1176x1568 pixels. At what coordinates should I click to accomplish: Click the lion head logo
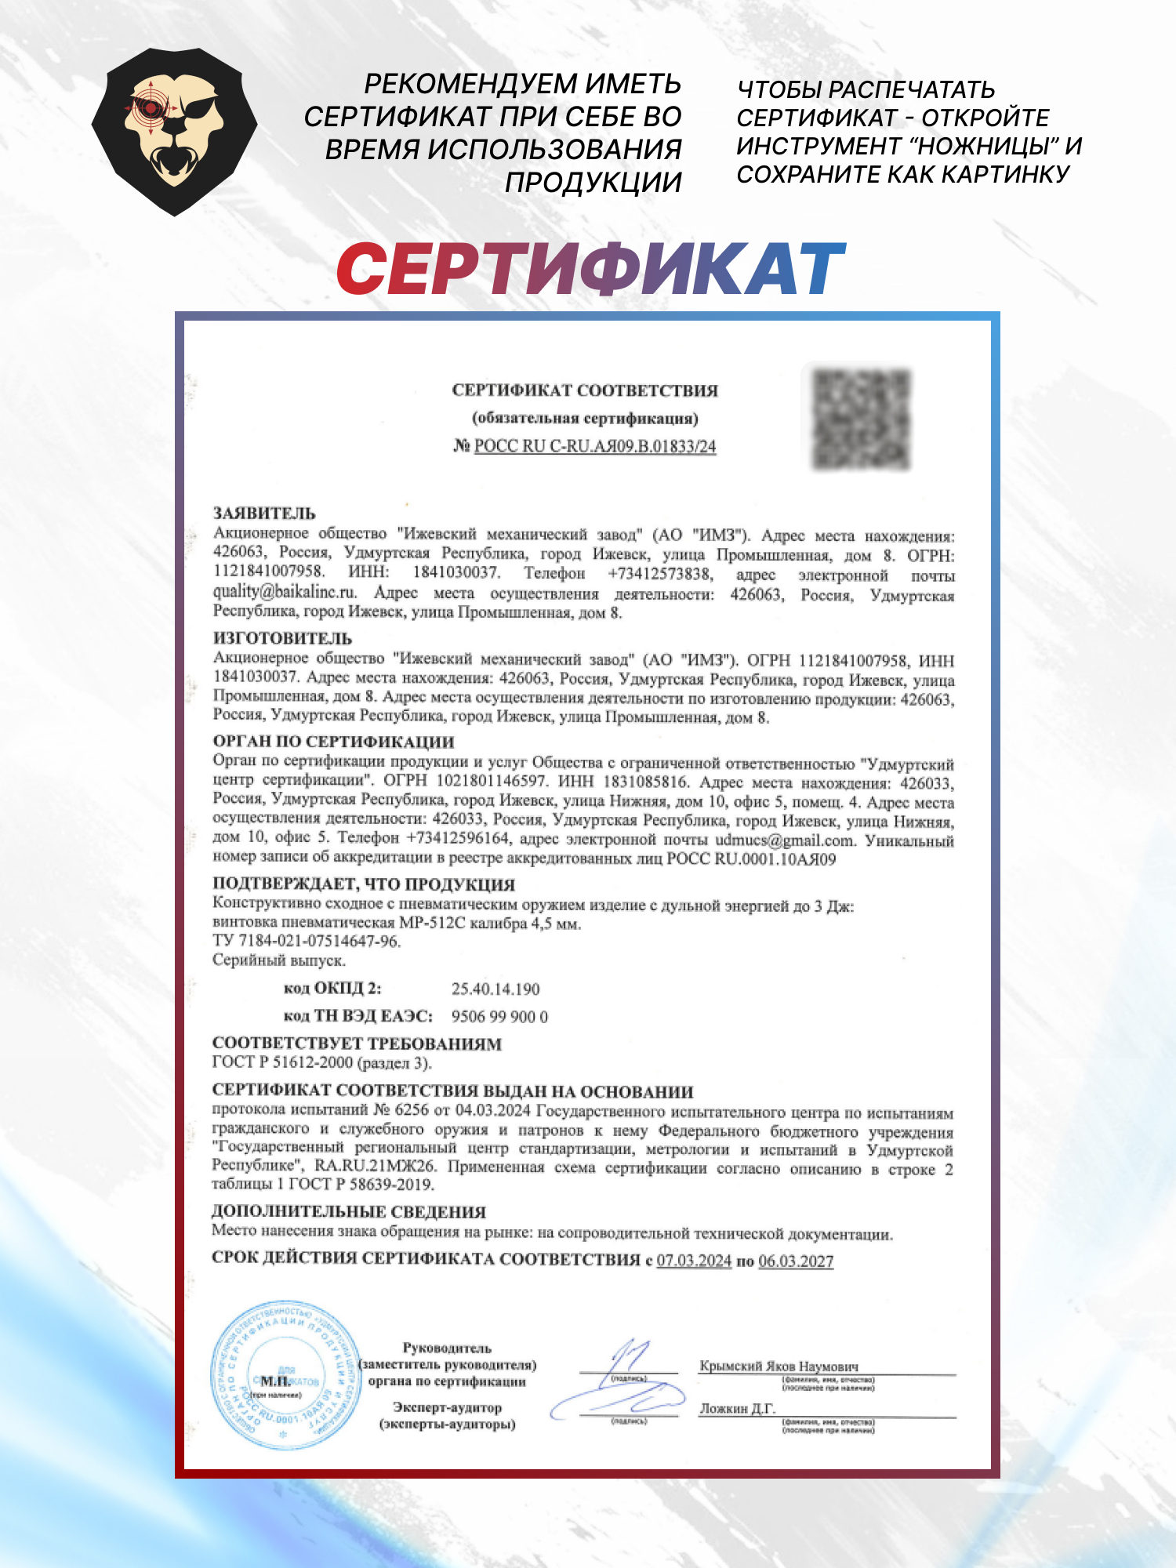tap(174, 131)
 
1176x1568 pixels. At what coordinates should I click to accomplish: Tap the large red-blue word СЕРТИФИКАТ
tap(590, 269)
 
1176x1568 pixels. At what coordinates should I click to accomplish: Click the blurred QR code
tap(861, 419)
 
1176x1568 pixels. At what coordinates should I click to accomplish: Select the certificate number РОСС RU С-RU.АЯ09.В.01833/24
tap(595, 446)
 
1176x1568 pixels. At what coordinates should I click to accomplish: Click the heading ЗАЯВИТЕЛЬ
tap(264, 514)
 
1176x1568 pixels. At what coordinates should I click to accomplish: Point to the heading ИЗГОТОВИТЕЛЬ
tap(282, 638)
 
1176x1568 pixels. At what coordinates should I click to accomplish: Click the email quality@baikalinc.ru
tap(285, 592)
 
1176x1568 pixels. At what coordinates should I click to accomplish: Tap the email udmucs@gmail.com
tap(784, 840)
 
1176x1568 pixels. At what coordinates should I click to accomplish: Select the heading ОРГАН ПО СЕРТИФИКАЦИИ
tap(333, 741)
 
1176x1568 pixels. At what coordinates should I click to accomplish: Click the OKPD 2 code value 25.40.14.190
tap(495, 989)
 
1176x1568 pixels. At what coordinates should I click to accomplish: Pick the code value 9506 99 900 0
tap(499, 1017)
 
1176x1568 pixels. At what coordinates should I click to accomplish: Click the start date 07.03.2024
tap(694, 1261)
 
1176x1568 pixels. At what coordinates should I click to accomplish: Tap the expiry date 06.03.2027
tap(796, 1261)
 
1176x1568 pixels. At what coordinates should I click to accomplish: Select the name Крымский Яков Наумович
tap(779, 1366)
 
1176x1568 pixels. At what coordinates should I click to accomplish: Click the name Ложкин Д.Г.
tap(737, 1408)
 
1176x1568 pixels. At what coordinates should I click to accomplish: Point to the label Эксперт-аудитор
tap(447, 1407)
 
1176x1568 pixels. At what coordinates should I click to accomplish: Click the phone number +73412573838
tap(660, 574)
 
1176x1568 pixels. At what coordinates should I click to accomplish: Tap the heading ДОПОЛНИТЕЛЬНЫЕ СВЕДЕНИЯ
tap(349, 1211)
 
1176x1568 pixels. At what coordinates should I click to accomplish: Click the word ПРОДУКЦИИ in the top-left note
tap(593, 183)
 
